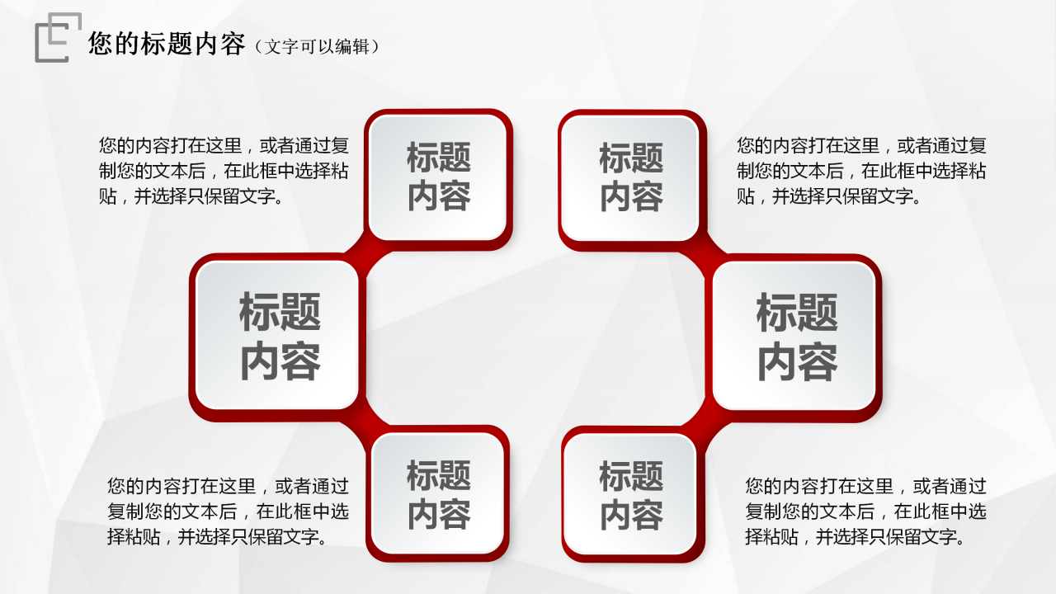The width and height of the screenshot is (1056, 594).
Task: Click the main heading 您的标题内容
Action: tap(167, 45)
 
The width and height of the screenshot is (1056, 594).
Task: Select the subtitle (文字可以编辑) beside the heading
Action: tap(318, 46)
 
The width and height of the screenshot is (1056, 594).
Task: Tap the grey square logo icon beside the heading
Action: tap(59, 37)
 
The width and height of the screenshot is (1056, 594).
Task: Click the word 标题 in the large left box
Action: tap(280, 313)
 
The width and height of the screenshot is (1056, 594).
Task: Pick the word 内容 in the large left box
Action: tap(280, 361)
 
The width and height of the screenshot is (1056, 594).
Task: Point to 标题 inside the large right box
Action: tap(796, 313)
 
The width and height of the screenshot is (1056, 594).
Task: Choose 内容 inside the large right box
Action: tap(796, 361)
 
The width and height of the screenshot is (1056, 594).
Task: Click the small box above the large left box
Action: tap(438, 177)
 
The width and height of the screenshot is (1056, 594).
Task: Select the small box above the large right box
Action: tap(631, 177)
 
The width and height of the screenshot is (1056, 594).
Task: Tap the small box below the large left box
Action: tap(438, 495)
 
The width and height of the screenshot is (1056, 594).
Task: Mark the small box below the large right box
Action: tap(631, 495)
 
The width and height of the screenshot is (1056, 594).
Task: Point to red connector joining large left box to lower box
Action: tap(364, 421)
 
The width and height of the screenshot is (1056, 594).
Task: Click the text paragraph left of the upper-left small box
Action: tap(224, 172)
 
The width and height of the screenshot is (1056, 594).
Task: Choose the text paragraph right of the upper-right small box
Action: tap(861, 172)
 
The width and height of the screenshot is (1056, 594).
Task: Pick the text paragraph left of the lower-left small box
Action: tap(228, 511)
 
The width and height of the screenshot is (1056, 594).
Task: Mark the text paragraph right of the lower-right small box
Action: tap(865, 511)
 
